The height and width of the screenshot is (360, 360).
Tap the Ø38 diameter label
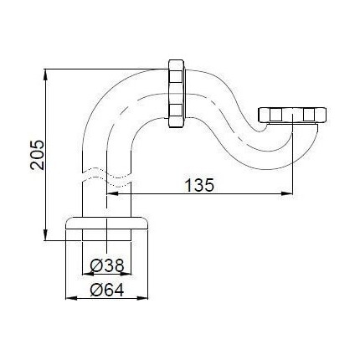[x=107, y=266]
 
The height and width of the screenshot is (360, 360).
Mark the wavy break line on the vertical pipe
[x=107, y=177]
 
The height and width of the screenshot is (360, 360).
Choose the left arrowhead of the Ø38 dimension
[x=86, y=275]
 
